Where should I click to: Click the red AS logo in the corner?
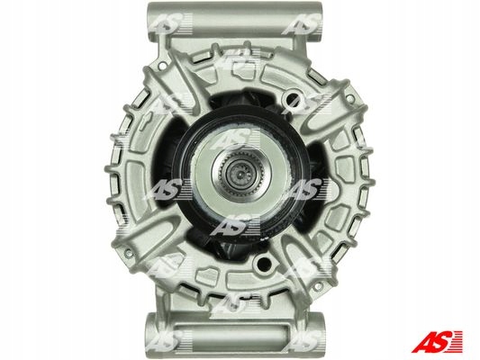click(x=437, y=341)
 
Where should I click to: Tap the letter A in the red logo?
click(x=422, y=342)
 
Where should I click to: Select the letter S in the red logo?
click(x=440, y=341)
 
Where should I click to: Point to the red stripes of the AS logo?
click(x=457, y=341)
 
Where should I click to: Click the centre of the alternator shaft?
click(x=240, y=175)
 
